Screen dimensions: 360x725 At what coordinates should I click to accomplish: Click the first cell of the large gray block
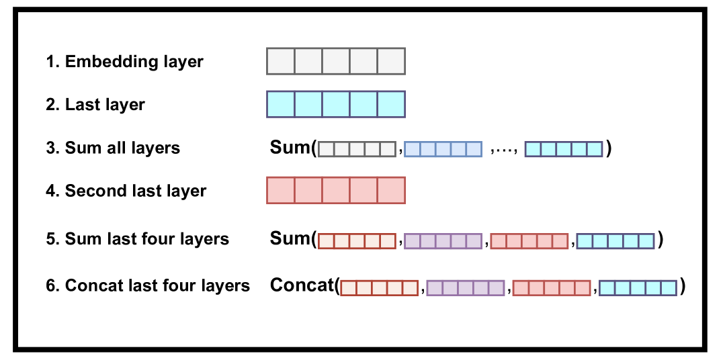[281, 61]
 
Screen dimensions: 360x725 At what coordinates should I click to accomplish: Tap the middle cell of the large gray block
[336, 61]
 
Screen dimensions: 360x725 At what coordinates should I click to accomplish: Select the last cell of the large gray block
[391, 61]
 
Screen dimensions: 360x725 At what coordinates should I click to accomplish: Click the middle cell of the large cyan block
[336, 104]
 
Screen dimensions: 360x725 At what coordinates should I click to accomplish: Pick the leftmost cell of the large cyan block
[281, 104]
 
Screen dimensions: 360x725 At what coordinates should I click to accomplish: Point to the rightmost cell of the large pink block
[391, 190]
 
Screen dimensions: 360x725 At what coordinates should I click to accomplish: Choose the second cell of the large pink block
[308, 190]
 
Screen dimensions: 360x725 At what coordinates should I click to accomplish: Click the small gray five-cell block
[357, 149]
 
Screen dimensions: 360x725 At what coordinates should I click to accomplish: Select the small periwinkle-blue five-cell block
[443, 149]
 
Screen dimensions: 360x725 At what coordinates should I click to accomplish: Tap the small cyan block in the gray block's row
[563, 149]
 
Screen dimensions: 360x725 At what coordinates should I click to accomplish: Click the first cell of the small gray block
[326, 149]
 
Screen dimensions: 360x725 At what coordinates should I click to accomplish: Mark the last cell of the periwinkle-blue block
[474, 149]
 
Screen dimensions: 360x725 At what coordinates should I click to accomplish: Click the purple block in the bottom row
[465, 288]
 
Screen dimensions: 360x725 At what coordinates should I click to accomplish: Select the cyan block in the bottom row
[638, 288]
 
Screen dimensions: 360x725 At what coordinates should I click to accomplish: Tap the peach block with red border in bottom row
[379, 288]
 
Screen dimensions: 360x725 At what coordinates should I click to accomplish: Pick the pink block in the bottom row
[551, 288]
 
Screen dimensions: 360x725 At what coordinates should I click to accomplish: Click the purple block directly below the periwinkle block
[443, 241]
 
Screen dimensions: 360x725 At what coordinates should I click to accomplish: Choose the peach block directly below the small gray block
[357, 241]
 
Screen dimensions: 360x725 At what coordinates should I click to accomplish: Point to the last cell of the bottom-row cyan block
[669, 288]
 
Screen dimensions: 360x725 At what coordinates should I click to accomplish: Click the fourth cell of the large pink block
[364, 190]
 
